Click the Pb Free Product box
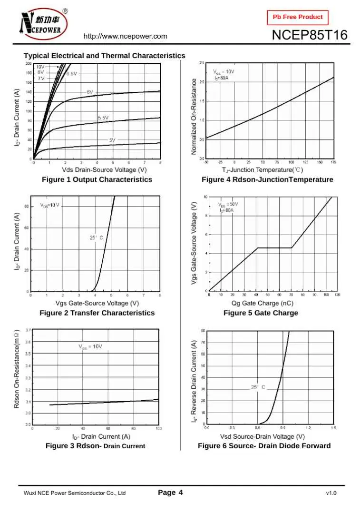pos(298,17)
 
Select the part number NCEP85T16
pos(309,36)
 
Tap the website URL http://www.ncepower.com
pos(125,36)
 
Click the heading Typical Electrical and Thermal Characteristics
pos(105,56)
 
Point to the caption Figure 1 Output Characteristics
pos(97,179)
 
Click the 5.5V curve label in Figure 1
pos(103,118)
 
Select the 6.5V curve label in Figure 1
pos(71,74)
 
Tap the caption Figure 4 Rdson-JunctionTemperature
pos(267,179)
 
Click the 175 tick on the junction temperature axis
pos(333,162)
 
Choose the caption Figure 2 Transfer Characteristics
pos(97,313)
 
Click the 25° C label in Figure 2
pos(97,237)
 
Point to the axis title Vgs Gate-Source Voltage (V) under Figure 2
pos(97,303)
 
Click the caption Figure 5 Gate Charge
pos(261,313)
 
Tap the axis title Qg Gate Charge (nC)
pos(262,303)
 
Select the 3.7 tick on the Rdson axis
pos(28,330)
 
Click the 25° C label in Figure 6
pos(258,387)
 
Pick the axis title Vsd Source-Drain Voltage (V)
pos(262,436)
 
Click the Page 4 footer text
pos(170,493)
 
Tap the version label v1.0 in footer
pos(331,493)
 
